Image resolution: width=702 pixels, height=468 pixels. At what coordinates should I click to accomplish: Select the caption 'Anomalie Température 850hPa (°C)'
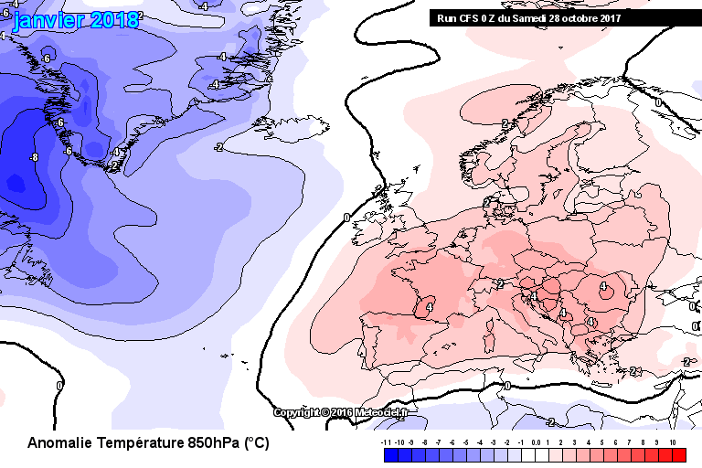pos(148,443)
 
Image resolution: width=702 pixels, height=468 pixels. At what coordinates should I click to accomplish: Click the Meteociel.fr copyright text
pos(340,412)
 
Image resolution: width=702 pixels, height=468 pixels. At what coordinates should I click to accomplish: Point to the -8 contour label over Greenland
pos(34,158)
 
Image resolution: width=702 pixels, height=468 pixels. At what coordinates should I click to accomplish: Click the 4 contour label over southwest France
pos(429,308)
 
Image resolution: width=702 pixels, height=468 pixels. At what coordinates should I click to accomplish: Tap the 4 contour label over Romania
pos(603,286)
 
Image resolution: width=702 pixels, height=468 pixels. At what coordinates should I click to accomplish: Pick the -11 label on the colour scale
pos(388,441)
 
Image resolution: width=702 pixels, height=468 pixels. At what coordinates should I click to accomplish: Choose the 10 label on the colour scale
pos(672,441)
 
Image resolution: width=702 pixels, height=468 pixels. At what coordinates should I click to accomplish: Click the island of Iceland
pos(301,129)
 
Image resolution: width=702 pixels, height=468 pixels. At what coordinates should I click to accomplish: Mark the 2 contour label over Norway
pos(505,122)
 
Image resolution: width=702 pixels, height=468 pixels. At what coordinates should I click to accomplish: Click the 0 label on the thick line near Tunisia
pos(507,386)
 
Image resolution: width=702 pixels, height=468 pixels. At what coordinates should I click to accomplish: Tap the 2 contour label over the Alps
pos(501,284)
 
